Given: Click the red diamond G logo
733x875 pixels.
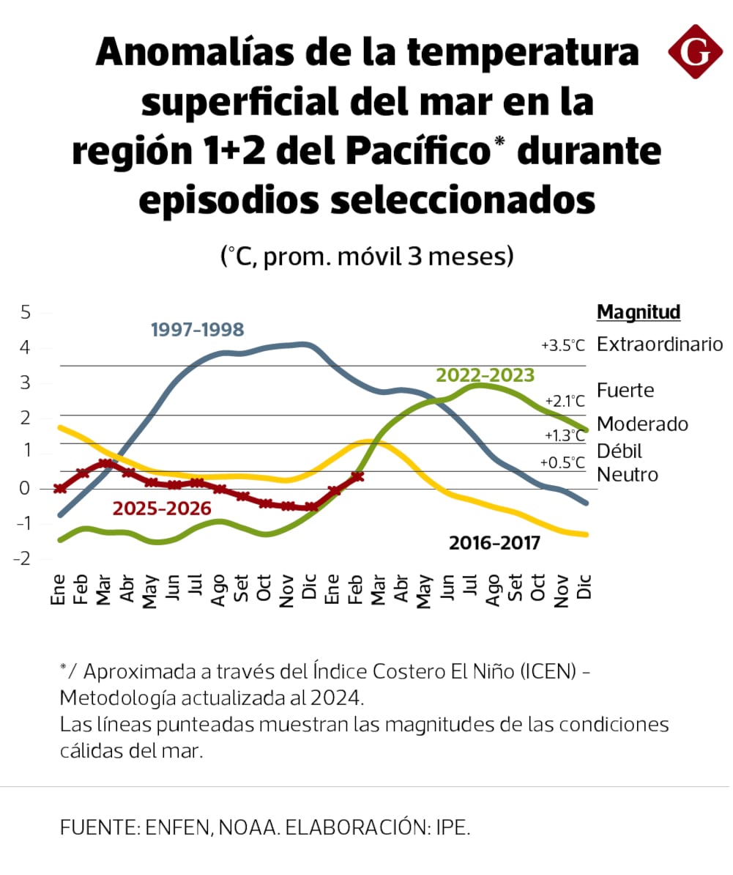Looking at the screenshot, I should [x=695, y=51].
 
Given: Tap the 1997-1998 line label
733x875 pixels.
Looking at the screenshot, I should [x=197, y=330].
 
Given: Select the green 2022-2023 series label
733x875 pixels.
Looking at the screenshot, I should [x=485, y=375].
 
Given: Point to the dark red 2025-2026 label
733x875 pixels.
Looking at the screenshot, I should [x=162, y=509].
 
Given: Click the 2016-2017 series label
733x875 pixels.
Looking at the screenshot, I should [x=494, y=543].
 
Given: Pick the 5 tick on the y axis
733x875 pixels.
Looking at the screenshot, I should [x=26, y=312].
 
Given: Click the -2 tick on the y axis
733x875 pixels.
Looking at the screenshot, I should [x=23, y=559].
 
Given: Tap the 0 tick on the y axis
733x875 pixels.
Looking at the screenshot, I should [x=26, y=488].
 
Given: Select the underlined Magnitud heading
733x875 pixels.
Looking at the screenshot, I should [x=639, y=312].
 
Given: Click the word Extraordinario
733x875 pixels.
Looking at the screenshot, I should [x=660, y=344].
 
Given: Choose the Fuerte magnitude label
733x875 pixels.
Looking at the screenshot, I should [x=625, y=390].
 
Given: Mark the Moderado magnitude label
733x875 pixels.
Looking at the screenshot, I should [x=642, y=424].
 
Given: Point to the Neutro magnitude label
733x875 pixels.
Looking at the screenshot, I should [x=628, y=474].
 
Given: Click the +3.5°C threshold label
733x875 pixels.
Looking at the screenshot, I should [x=564, y=345].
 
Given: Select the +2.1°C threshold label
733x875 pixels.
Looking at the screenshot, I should [x=565, y=401].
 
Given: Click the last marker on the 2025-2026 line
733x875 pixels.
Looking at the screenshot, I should [x=357, y=477].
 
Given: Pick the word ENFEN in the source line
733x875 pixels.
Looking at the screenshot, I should [x=175, y=828].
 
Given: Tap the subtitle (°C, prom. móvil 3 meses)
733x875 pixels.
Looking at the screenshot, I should [x=366, y=256].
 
